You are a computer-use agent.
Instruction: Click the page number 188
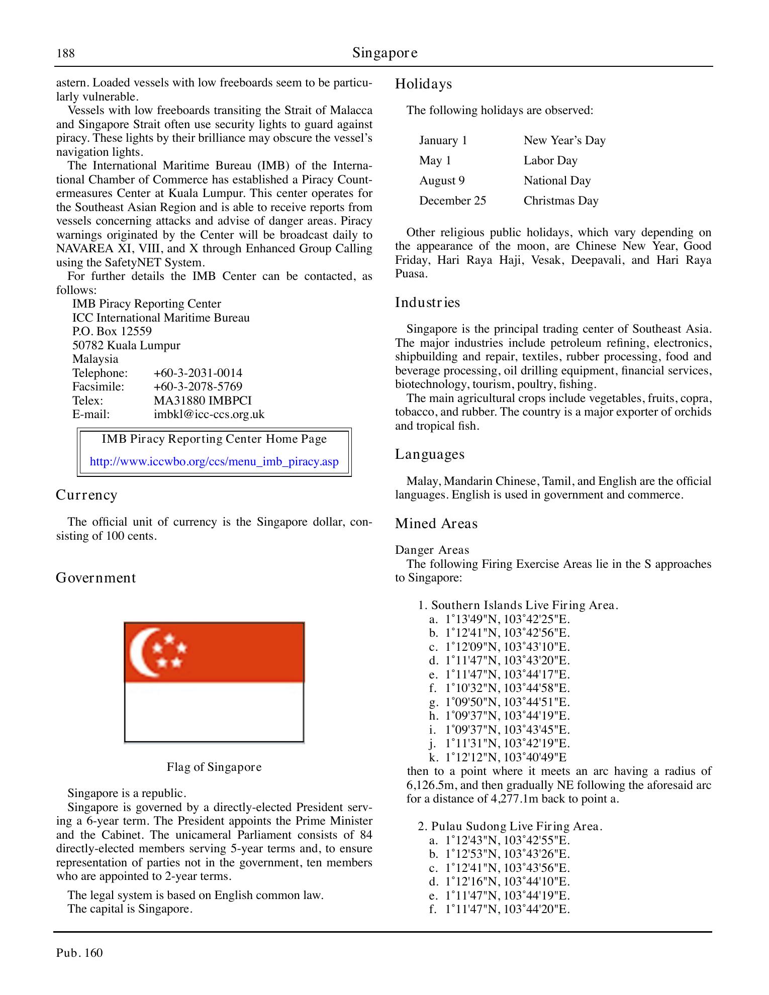[x=65, y=53]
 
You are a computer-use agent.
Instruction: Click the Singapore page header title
[x=384, y=53]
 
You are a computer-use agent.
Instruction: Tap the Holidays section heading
[x=423, y=84]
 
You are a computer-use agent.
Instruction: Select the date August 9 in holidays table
[x=442, y=180]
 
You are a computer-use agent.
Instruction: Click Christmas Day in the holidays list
[x=561, y=201]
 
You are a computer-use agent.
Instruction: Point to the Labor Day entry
[x=550, y=160]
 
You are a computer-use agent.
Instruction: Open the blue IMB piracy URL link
[x=214, y=462]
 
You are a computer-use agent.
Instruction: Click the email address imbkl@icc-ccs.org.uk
[x=209, y=414]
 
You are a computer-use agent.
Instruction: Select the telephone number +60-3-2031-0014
[x=198, y=373]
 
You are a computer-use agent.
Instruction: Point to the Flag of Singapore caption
[x=214, y=767]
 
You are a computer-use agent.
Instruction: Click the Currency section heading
[x=86, y=495]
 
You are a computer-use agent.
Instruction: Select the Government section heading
[x=95, y=578]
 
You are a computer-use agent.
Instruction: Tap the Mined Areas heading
[x=436, y=524]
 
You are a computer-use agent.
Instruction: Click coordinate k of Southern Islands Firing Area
[x=505, y=757]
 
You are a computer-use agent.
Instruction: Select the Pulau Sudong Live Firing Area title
[x=510, y=826]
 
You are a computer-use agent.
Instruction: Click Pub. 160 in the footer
[x=79, y=953]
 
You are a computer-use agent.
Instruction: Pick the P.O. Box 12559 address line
[x=112, y=331]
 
